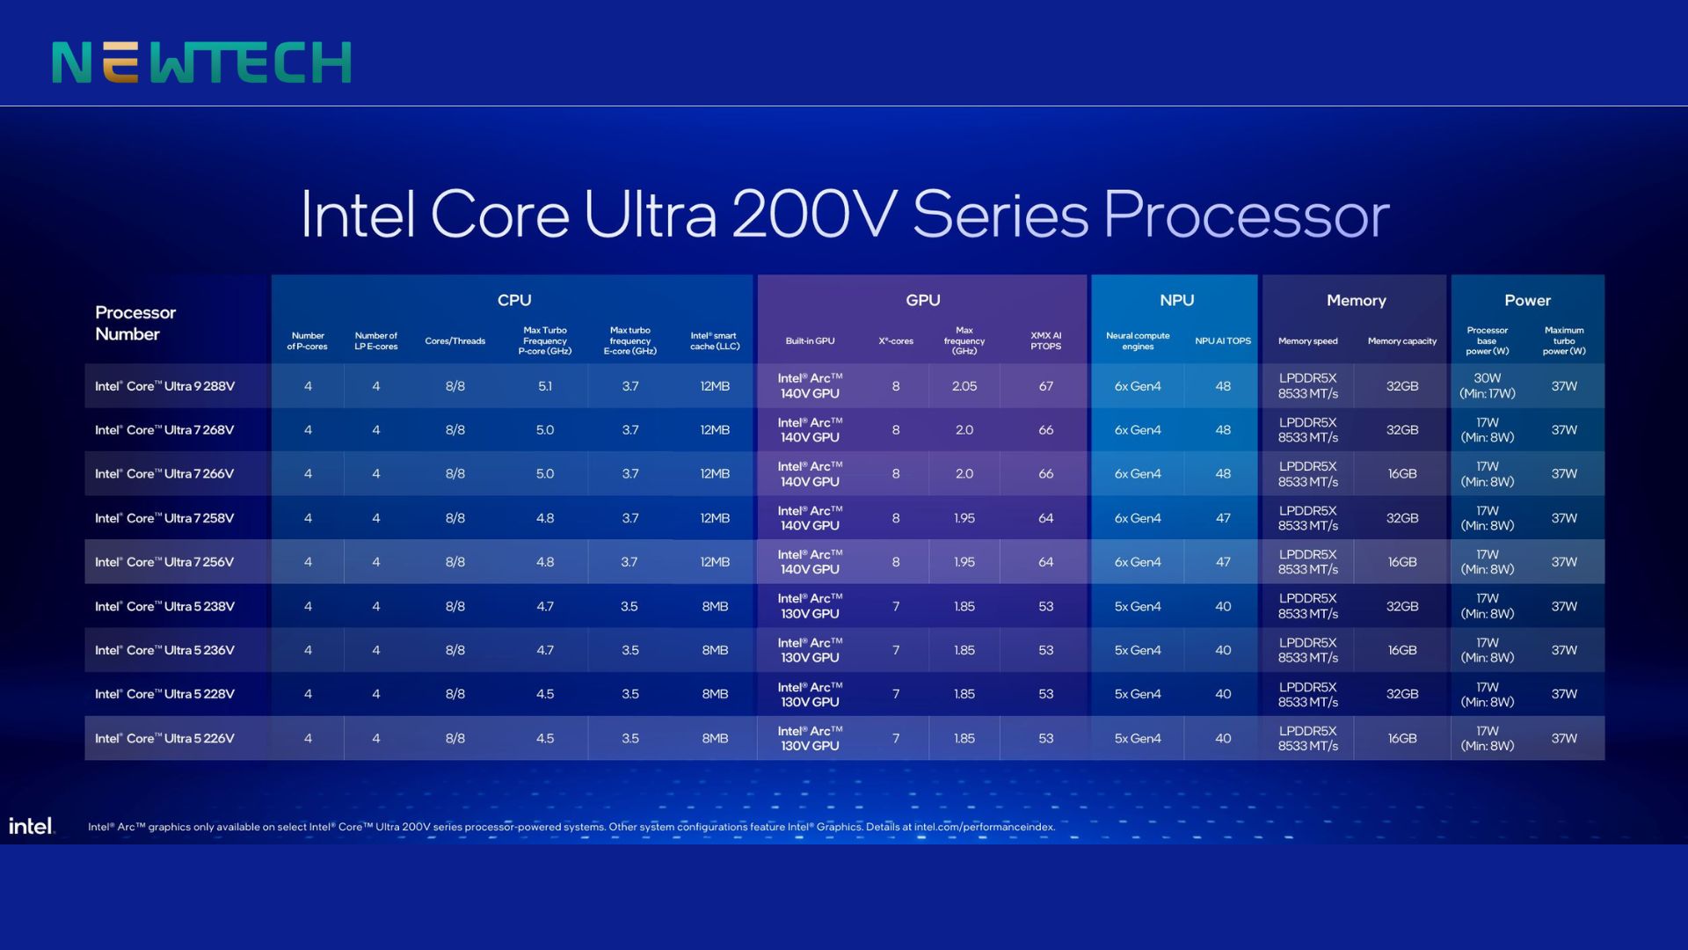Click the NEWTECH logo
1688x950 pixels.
[x=201, y=62]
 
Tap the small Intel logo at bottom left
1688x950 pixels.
[x=31, y=826]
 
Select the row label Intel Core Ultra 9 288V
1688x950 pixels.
[x=164, y=386]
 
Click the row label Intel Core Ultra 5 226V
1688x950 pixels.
[x=164, y=738]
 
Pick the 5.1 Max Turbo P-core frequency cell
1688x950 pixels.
[x=545, y=386]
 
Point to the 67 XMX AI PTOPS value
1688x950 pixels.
[x=1045, y=386]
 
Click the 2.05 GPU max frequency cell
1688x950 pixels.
[x=964, y=386]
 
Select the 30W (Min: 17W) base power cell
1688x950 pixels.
[x=1487, y=386]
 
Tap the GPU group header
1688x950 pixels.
[x=922, y=300]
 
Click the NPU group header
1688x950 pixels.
[x=1176, y=300]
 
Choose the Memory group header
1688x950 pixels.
[x=1356, y=300]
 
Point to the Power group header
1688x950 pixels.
[x=1527, y=300]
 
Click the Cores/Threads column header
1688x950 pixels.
[x=455, y=341]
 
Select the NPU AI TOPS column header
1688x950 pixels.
[x=1222, y=341]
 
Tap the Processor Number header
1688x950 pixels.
[x=135, y=323]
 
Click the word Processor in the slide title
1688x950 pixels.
[x=1246, y=216]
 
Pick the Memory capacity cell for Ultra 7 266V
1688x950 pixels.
[x=1401, y=474]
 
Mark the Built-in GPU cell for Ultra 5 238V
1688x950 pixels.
[x=810, y=606]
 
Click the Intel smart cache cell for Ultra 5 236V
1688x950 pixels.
[x=715, y=650]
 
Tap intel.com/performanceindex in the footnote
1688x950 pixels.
[x=984, y=827]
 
